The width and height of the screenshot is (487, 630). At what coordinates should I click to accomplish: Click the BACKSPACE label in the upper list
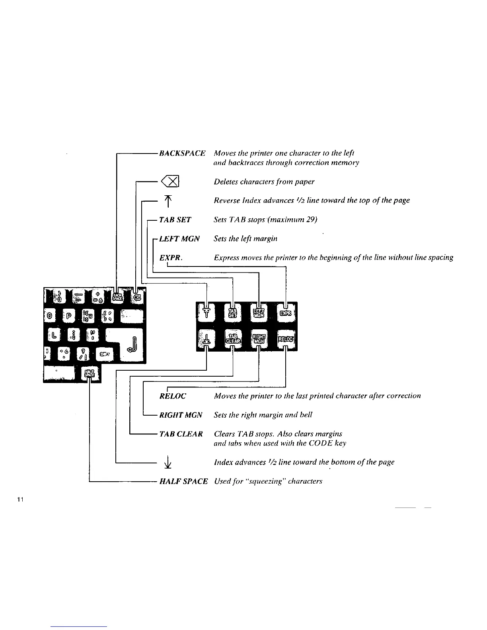point(182,153)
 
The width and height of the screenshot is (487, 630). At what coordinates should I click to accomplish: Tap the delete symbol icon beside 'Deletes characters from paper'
point(170,182)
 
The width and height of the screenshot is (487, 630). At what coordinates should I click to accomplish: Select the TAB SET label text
point(175,220)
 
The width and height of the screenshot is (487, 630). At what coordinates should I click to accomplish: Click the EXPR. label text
point(171,258)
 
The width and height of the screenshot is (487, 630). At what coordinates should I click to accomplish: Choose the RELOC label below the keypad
point(173,396)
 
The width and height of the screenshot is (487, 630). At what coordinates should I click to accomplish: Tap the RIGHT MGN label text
point(181,415)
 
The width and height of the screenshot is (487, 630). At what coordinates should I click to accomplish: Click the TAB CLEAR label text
point(181,434)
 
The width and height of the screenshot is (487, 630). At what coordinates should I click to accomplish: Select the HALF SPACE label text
point(183,481)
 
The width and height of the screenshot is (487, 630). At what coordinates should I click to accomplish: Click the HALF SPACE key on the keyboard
point(91,373)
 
